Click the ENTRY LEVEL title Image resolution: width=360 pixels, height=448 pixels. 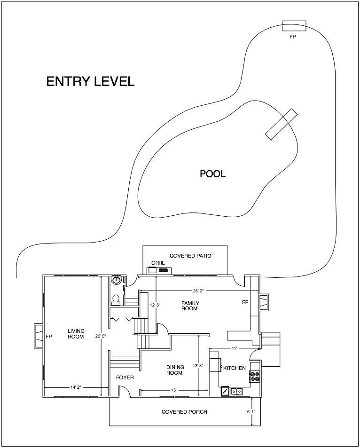tap(90, 81)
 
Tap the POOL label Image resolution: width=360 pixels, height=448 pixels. tap(212, 174)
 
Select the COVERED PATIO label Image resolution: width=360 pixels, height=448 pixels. tap(190, 256)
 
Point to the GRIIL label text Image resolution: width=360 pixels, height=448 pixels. tap(158, 263)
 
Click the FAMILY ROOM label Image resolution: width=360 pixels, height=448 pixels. tap(190, 306)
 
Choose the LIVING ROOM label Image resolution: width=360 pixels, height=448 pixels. tap(76, 334)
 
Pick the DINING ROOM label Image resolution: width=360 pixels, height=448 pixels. tap(175, 370)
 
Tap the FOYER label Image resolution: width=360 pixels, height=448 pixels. tap(125, 377)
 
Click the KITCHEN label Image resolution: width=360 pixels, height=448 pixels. tap(235, 368)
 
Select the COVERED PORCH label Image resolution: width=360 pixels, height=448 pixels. tap(184, 412)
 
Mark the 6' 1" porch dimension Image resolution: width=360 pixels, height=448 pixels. tap(251, 412)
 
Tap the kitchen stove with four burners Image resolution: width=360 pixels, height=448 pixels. tap(255, 376)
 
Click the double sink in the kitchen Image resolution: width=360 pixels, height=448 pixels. tap(236, 391)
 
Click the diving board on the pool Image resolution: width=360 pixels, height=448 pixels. tap(282, 124)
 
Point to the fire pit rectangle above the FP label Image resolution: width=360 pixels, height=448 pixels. tap(294, 26)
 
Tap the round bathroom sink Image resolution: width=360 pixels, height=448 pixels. tap(116, 280)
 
